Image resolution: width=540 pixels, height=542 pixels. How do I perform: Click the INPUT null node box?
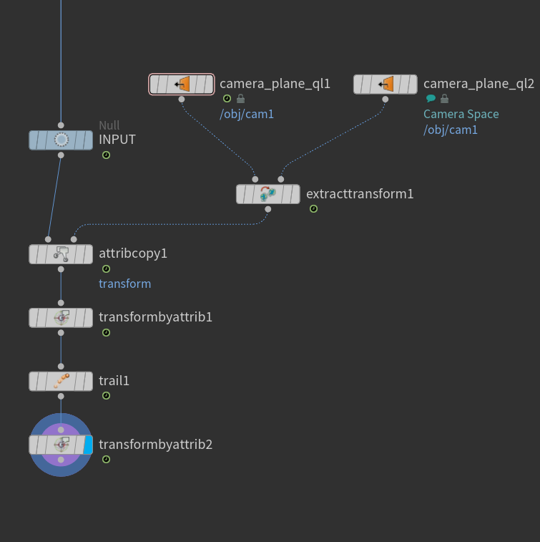click(x=61, y=140)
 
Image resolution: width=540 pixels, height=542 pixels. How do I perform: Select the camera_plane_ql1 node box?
click(x=182, y=84)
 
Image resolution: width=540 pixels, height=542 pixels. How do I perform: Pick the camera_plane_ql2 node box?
click(x=386, y=84)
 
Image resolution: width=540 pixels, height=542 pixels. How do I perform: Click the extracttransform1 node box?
click(x=268, y=194)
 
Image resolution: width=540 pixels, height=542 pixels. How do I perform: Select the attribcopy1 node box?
click(x=61, y=254)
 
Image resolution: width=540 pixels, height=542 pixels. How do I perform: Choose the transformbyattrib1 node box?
click(x=61, y=318)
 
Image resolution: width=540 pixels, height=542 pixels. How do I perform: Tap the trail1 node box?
click(x=61, y=382)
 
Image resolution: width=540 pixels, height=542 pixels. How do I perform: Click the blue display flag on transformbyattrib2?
click(x=88, y=445)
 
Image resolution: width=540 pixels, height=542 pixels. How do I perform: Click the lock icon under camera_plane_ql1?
click(x=240, y=99)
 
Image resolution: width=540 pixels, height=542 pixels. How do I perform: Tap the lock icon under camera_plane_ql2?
click(x=445, y=99)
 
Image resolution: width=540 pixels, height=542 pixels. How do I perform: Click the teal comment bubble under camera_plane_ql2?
click(x=431, y=99)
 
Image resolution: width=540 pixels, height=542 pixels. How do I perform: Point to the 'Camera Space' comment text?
click(x=461, y=114)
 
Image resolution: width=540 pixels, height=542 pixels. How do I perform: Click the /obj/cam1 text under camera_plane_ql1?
click(x=247, y=114)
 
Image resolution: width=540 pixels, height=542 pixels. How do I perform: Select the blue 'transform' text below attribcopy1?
click(x=124, y=284)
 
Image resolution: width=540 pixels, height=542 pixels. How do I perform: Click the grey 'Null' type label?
click(x=109, y=125)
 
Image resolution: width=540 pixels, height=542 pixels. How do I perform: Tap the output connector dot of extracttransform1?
click(x=268, y=209)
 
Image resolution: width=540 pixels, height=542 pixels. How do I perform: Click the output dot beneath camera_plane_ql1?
click(x=182, y=100)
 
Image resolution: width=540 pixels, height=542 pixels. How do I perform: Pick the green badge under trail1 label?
click(x=107, y=396)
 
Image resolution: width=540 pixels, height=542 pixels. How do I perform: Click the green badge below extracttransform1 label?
click(x=313, y=209)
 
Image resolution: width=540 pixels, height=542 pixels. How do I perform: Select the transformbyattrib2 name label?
click(x=156, y=445)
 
